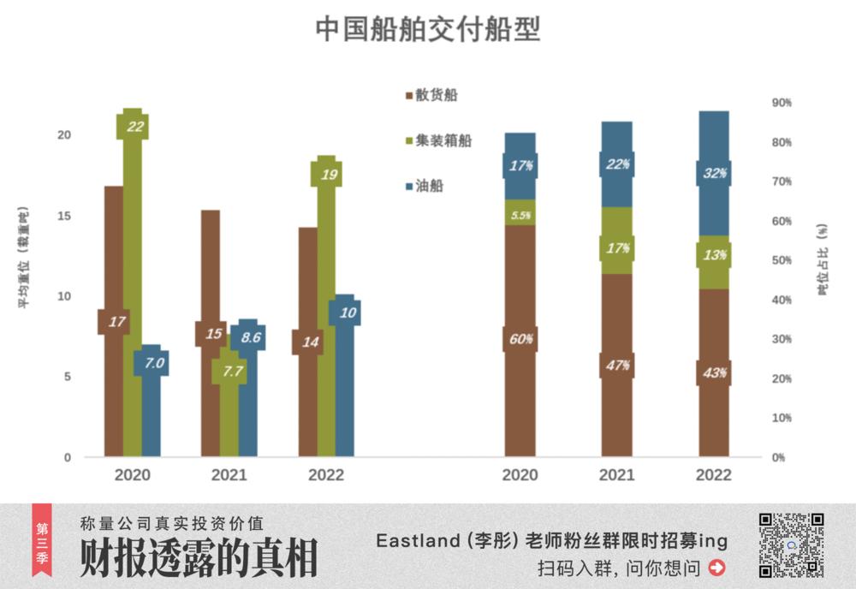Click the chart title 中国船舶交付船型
click(x=427, y=28)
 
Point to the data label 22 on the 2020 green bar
click(x=133, y=126)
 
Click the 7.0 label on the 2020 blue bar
click(x=152, y=364)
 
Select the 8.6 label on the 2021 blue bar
click(x=249, y=337)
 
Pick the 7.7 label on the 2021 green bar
click(x=229, y=372)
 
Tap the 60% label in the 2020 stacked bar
click(x=520, y=338)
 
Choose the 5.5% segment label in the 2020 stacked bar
click(x=520, y=215)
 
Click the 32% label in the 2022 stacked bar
click(x=714, y=173)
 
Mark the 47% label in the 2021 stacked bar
click(x=617, y=366)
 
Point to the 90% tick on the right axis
click(x=782, y=102)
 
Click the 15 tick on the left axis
click(x=65, y=216)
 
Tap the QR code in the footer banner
click(x=791, y=544)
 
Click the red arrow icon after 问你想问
click(x=717, y=567)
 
